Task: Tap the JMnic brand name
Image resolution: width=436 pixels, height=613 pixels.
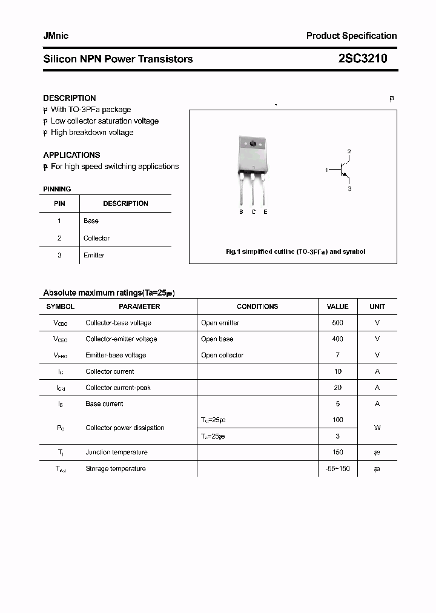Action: pos(56,36)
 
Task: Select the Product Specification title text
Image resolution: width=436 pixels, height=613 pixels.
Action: pos(351,36)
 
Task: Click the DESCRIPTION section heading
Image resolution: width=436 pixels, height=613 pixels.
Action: pos(70,98)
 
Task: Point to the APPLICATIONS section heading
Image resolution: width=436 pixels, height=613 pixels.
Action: pos(71,155)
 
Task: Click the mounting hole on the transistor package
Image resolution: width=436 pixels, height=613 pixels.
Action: pos(253,144)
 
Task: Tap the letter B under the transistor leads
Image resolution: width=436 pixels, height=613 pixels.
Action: pos(241,212)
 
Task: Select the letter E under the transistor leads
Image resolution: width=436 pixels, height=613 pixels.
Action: pos(265,212)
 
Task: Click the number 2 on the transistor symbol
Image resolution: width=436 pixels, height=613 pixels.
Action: pos(349,151)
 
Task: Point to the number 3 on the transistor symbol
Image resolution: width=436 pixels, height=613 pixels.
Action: pos(349,189)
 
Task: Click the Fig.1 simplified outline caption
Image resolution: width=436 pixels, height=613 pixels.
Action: pos(296,251)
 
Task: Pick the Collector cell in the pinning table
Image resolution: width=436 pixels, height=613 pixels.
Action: pos(96,238)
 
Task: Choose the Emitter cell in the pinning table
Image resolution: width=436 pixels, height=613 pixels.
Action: pos(94,255)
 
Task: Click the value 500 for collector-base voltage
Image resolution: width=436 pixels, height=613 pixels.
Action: pos(337,323)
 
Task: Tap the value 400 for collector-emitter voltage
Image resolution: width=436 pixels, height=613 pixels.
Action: pos(337,339)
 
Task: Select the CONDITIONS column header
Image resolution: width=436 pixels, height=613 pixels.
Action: pos(257,306)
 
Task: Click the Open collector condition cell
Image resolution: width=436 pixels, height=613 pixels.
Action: pos(222,356)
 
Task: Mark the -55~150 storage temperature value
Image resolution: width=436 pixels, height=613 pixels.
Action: pos(337,469)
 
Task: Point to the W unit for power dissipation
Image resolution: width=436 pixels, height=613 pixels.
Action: pos(377,428)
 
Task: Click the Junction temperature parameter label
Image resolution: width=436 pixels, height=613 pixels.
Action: pos(116,452)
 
